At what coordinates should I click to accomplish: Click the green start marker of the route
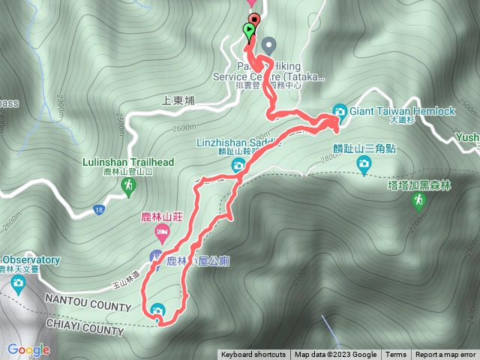248,31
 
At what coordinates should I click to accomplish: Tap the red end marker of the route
254,20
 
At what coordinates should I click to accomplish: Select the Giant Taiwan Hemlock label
402,111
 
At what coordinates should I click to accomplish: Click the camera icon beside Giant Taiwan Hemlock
340,111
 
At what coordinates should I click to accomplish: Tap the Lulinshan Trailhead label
130,162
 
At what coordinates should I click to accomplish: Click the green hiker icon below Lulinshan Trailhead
130,184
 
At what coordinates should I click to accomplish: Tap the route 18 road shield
98,208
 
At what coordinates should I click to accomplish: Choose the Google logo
28,349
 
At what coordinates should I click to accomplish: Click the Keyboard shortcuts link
253,355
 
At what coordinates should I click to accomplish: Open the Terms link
396,355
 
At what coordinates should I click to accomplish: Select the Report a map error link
445,355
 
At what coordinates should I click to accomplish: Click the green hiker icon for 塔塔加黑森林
417,202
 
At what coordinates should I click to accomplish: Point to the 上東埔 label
178,99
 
